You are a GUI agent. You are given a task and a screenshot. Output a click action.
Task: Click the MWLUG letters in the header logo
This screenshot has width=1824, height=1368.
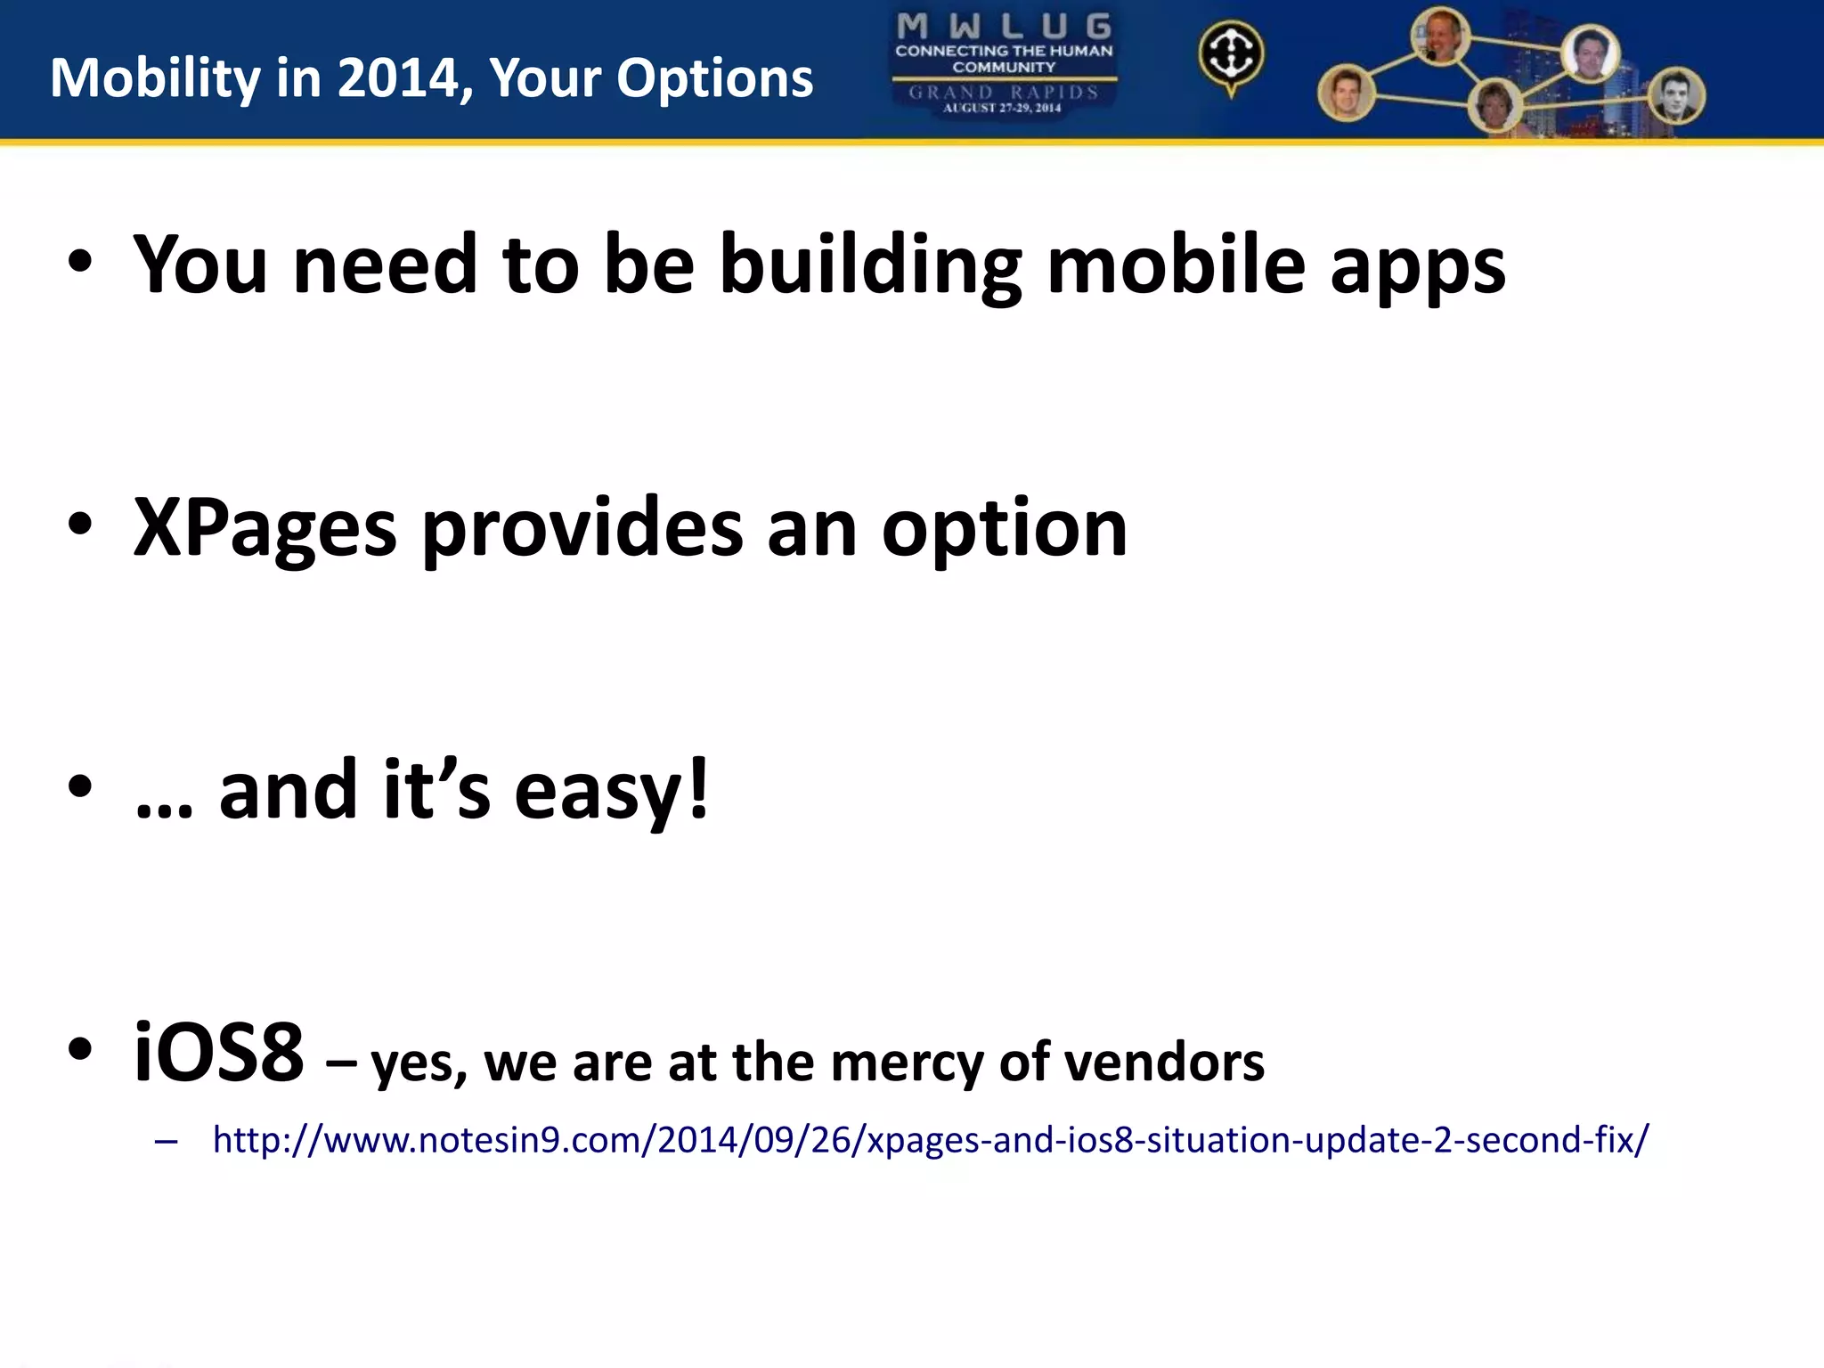click(1004, 26)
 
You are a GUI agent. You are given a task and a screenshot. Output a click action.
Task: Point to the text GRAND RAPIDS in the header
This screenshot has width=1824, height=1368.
click(1004, 92)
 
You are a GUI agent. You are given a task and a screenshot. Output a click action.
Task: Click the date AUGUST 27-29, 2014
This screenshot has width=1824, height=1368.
click(1003, 109)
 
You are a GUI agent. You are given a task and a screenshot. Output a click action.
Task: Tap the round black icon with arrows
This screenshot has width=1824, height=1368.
click(1231, 54)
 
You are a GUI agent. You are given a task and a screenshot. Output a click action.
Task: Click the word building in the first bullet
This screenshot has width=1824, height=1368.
click(870, 265)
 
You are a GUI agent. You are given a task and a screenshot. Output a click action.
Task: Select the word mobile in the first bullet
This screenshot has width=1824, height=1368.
click(1176, 265)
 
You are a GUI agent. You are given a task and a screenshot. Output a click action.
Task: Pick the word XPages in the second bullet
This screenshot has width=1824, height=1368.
click(265, 529)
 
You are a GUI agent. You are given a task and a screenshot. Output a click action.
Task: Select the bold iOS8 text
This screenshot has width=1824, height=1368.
click(218, 1053)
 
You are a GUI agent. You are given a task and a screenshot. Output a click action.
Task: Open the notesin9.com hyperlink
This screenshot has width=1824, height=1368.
click(931, 1140)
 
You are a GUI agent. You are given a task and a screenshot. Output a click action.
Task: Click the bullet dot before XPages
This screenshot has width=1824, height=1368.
click(80, 525)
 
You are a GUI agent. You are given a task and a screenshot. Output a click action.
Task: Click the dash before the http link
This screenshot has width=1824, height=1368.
click(166, 1141)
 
